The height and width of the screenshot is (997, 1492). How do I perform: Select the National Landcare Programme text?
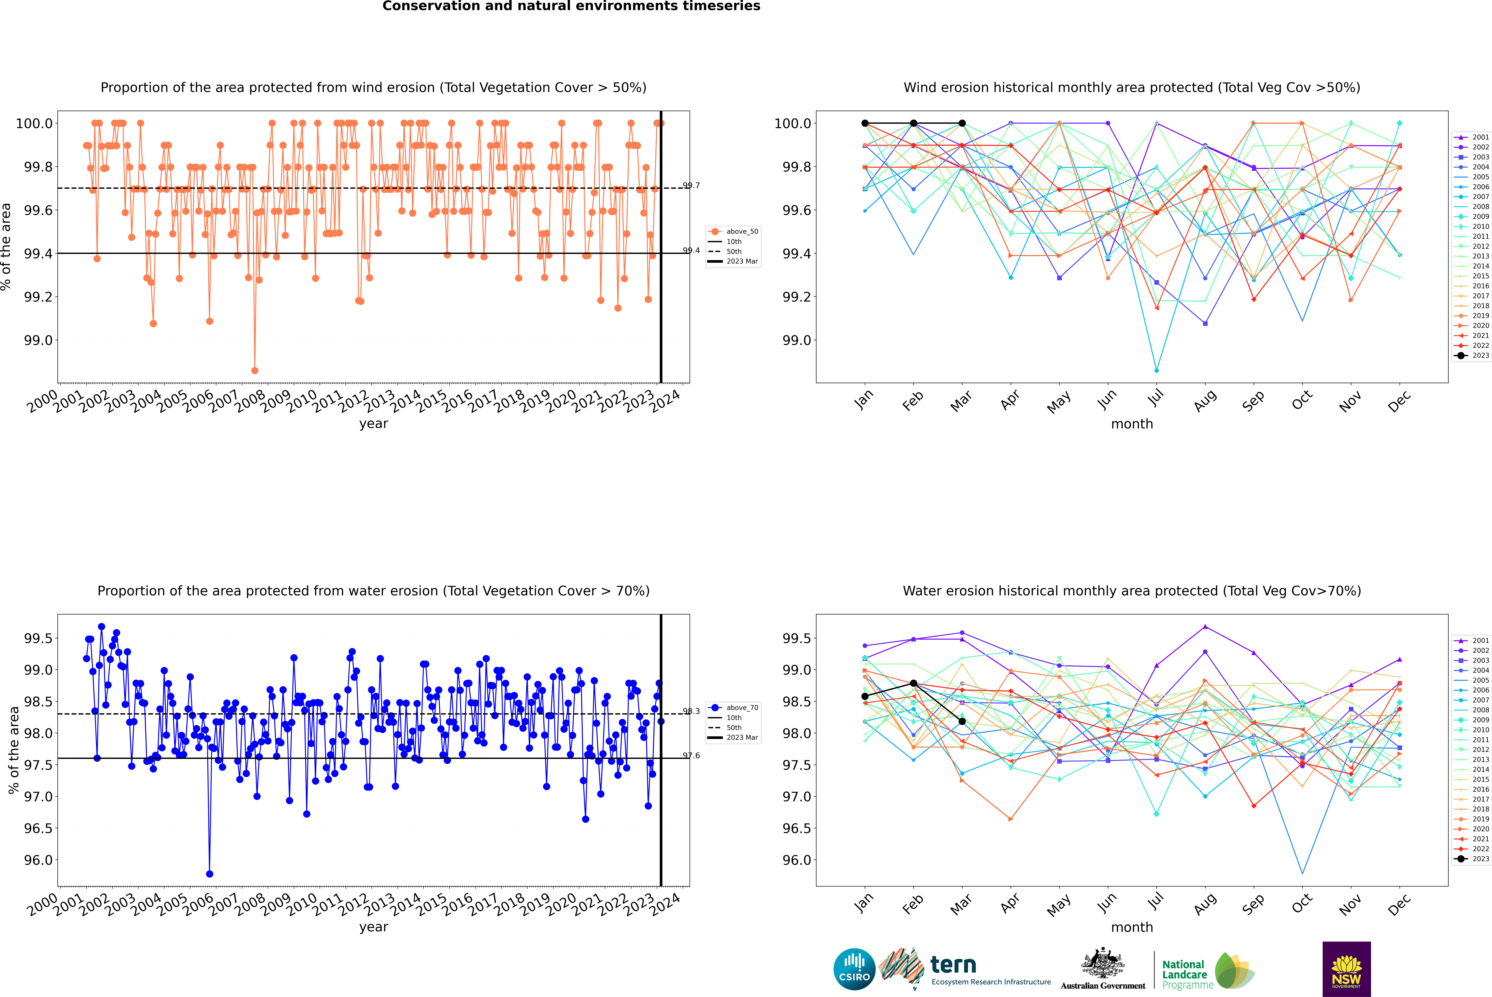click(x=1184, y=974)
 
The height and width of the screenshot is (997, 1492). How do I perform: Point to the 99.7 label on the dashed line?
click(x=691, y=186)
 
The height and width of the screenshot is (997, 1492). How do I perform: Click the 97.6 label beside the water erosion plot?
click(x=691, y=755)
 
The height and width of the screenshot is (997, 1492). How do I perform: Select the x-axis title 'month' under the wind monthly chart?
click(x=1131, y=424)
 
